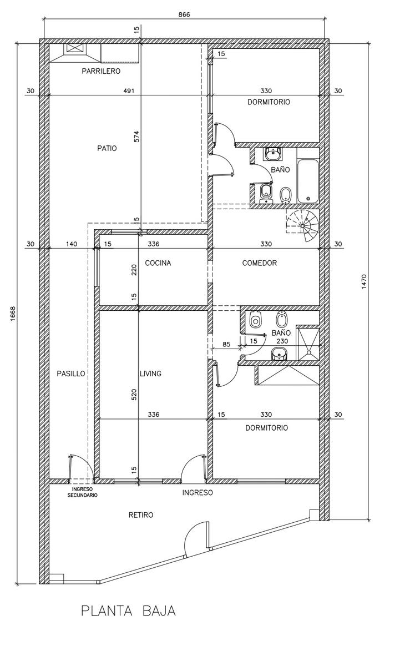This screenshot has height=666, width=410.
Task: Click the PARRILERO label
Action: click(101, 72)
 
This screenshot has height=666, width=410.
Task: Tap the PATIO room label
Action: click(107, 148)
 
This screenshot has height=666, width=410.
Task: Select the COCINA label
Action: click(158, 263)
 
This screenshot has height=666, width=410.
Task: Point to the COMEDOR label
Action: click(260, 263)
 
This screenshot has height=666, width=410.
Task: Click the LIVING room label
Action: click(151, 374)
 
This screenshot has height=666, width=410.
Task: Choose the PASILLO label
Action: click(71, 374)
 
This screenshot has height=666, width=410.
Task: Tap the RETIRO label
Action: click(141, 515)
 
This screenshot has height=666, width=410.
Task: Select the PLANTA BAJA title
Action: click(129, 611)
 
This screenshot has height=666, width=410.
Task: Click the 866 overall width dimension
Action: click(184, 14)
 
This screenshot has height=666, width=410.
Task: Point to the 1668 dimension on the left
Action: click(13, 314)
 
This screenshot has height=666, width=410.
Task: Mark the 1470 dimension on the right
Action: click(365, 281)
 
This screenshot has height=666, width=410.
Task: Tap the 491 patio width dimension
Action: click(129, 90)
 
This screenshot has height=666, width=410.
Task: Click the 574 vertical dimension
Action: click(136, 137)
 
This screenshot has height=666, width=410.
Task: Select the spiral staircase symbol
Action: click(302, 226)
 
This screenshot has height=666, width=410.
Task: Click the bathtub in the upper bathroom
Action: click(308, 181)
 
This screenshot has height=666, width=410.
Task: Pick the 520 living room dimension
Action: click(134, 395)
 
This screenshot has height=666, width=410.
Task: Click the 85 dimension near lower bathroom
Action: click(226, 344)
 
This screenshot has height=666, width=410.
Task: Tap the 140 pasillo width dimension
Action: click(72, 244)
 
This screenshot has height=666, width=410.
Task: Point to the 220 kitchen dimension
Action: click(134, 270)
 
